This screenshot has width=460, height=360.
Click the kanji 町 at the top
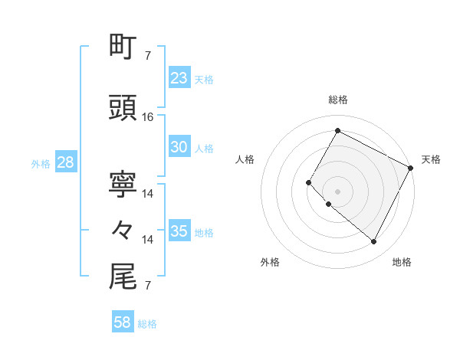point(123,47)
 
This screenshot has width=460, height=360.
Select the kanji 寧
point(123,185)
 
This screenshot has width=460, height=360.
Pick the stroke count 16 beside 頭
point(148,117)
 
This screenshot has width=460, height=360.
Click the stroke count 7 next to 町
point(148,55)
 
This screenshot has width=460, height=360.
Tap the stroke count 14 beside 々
point(148,240)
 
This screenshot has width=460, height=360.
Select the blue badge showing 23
point(179,78)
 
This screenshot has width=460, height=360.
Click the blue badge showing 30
point(179,148)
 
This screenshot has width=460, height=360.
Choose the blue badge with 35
point(179,231)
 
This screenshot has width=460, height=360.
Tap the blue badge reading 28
point(64,162)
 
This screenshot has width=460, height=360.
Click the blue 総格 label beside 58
point(147,325)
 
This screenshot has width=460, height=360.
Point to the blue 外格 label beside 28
point(41,164)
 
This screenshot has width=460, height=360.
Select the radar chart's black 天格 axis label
point(431,159)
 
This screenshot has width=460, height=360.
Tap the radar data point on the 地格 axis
point(374,242)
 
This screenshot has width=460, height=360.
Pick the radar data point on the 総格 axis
point(337,131)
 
